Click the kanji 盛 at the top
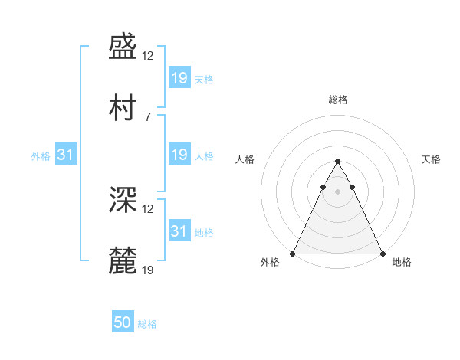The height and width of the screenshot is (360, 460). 123,46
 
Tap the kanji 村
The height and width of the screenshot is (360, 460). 123,107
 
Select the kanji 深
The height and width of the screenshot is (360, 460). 123,199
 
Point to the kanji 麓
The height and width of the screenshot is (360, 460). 123,260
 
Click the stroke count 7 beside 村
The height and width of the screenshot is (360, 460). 148,117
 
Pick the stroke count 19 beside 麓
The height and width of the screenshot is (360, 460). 147,270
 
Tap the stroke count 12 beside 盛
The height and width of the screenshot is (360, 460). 147,56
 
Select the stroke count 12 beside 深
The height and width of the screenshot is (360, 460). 147,209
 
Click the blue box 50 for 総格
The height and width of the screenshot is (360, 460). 123,321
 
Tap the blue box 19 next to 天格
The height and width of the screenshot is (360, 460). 180,77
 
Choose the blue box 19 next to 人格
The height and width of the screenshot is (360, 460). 180,154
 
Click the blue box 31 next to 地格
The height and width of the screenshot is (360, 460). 180,230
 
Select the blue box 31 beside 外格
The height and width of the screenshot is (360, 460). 66,154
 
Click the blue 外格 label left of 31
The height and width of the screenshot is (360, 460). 41,156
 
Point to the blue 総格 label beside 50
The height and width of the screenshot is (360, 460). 147,324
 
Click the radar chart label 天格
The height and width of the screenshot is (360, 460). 431,159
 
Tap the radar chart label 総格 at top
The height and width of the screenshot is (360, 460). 338,100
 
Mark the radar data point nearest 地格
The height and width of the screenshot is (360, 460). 383,254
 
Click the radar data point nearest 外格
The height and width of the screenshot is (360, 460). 293,254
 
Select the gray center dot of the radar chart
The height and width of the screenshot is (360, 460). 337,191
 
